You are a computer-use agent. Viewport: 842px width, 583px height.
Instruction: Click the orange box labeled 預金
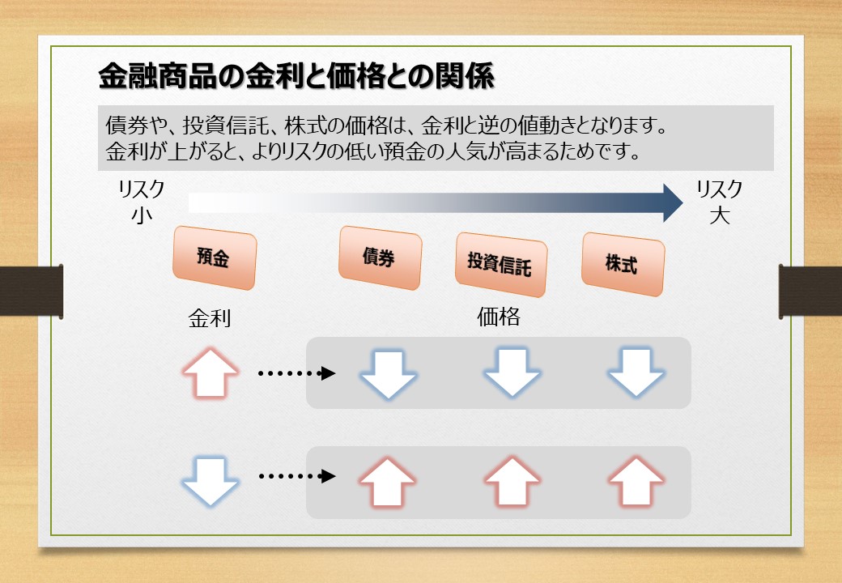point(215,257)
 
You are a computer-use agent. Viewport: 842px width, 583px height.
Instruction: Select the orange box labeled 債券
point(381,257)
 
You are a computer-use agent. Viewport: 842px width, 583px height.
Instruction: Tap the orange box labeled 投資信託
point(501,264)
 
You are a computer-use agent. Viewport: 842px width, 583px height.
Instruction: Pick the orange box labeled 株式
point(623,264)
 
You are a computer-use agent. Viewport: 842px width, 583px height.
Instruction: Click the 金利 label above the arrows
point(210,318)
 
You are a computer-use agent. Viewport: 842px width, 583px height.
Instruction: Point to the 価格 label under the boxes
point(499,317)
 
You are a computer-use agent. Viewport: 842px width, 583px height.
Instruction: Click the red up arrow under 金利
point(210,373)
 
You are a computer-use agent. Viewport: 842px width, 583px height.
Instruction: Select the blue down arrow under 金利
point(210,481)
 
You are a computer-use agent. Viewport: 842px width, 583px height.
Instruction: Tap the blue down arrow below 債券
point(389,373)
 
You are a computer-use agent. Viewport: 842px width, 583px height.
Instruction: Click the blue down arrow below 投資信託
point(512,373)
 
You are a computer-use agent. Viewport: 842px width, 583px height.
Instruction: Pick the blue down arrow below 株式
point(636,373)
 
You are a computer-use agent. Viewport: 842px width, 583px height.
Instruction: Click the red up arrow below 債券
point(387,482)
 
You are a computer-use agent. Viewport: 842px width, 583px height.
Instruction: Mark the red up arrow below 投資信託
point(512,482)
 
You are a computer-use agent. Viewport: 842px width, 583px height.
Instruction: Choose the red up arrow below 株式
point(636,482)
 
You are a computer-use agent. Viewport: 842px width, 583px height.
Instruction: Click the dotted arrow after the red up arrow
point(297,373)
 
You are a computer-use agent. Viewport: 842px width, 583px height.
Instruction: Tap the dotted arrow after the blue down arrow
point(297,475)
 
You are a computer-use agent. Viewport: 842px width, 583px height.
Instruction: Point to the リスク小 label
point(142,202)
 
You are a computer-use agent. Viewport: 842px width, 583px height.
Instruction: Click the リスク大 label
point(720,202)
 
